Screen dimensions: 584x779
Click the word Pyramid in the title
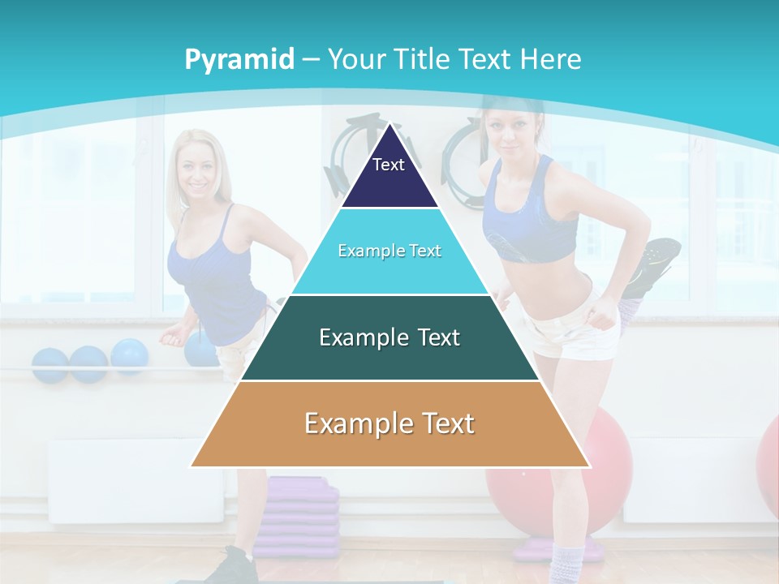[239, 60]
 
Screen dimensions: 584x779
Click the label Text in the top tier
[389, 165]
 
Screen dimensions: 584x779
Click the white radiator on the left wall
[134, 479]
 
